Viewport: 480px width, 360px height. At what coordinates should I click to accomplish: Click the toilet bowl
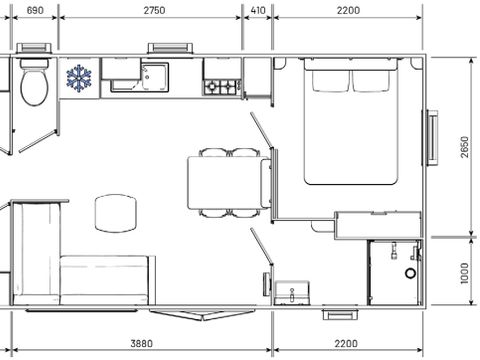click(x=34, y=87)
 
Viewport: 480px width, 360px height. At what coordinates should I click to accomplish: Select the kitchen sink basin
click(x=155, y=76)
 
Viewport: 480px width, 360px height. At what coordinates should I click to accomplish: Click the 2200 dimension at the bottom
click(x=348, y=343)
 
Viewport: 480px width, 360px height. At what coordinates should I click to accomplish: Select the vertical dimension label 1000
click(x=464, y=272)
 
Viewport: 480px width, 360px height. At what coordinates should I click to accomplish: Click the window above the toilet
click(x=36, y=49)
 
